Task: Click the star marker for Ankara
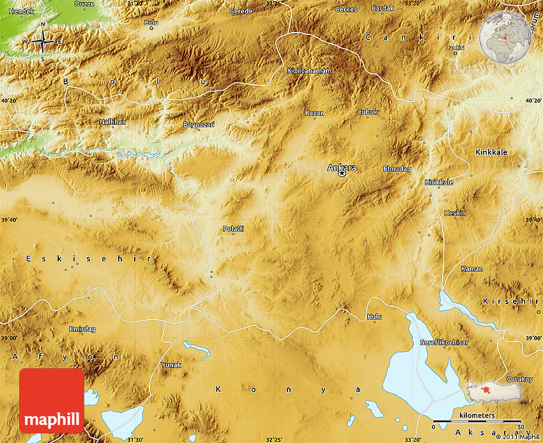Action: tap(342, 173)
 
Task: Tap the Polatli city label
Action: tap(233, 228)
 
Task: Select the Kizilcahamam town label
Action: tap(309, 70)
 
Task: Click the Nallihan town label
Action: tap(112, 121)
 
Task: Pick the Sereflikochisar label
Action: tap(444, 343)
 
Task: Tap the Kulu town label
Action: tap(374, 316)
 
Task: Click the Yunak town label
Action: tap(171, 364)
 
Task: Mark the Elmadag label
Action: tap(397, 169)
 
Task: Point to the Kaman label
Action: tap(471, 268)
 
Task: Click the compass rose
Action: tap(43, 42)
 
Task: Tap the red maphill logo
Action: tap(52, 400)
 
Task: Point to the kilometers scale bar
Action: tap(477, 422)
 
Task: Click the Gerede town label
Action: tap(241, 12)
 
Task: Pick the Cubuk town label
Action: tap(367, 112)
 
